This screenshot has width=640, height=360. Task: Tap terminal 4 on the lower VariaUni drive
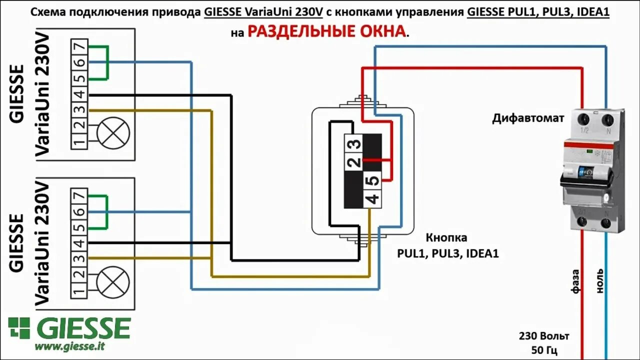pos(79,243)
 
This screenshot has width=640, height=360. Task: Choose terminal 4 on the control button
pos(373,199)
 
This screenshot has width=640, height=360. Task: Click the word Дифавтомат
pos(528,118)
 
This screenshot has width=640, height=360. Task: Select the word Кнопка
pos(446,237)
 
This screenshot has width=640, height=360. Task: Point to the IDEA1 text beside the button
pos(482,253)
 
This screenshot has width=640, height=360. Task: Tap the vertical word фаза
pos(575,281)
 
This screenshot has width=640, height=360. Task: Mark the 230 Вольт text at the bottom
pos(544,336)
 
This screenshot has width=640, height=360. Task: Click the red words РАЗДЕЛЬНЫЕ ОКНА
pos(327,31)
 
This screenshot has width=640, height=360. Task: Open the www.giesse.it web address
pos(69,345)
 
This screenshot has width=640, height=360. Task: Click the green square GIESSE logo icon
pos(19,328)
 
